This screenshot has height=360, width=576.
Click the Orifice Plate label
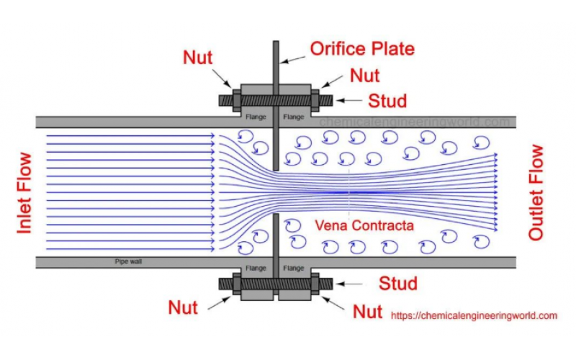362,49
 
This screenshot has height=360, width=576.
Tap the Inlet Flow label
24,192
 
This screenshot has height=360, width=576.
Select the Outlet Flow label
536,192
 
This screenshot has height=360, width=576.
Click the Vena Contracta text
364,225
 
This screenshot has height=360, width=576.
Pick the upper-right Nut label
365,75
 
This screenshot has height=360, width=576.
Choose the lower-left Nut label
183,307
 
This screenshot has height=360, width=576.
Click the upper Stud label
387,100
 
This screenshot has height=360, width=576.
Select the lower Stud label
398,283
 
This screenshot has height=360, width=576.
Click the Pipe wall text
128,261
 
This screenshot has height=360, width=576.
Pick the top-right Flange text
294,117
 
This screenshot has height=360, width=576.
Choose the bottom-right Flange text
294,269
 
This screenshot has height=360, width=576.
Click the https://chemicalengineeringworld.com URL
474,315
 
